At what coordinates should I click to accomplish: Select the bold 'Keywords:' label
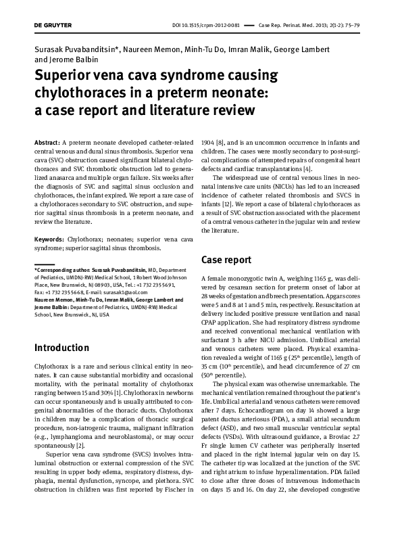pyautogui.click(x=49, y=239)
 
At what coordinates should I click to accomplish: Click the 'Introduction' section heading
pyautogui.click(x=61, y=348)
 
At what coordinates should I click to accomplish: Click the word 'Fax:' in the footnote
pyautogui.click(x=40, y=291)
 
